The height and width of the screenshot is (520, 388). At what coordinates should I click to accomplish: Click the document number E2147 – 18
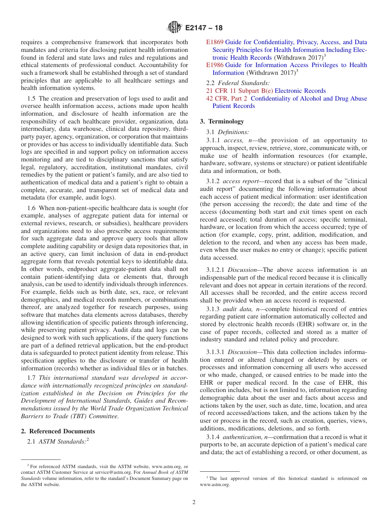click(x=204, y=28)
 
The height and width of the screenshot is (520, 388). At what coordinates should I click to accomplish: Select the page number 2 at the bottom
click(x=194, y=502)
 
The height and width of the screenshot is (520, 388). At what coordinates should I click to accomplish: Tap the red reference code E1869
click(x=215, y=42)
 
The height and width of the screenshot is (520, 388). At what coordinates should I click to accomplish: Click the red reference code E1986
click(x=215, y=65)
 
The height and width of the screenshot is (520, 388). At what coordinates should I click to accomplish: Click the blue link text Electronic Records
click(x=300, y=91)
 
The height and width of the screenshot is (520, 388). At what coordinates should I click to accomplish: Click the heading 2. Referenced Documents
click(x=58, y=431)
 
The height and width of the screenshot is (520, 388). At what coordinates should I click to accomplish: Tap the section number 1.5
click(x=31, y=99)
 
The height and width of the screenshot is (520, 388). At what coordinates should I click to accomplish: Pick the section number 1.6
click(x=31, y=208)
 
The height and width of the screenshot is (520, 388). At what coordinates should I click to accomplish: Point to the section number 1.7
click(x=31, y=377)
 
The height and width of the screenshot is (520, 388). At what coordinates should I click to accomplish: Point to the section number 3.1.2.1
click(x=216, y=270)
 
